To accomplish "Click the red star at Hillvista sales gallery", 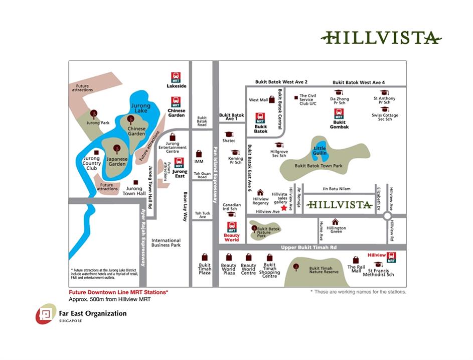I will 283,208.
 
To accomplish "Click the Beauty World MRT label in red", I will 231,237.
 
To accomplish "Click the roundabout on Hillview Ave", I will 387,216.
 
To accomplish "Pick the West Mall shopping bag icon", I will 272,99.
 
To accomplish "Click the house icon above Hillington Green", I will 335,221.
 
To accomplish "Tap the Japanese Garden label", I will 117,161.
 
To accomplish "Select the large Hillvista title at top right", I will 382,38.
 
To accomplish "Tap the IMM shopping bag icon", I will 199,154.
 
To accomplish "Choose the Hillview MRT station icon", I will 391,257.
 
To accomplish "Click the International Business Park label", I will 166,243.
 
